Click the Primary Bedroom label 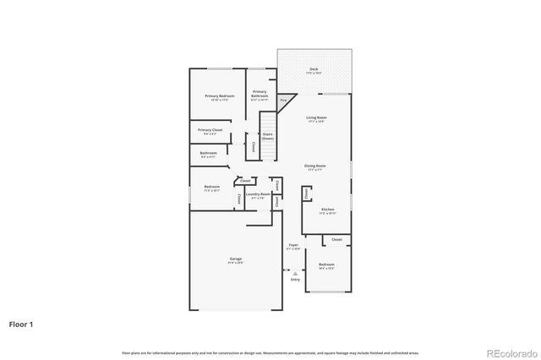(x=219, y=97)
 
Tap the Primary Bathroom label (x=260, y=94)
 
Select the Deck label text (x=314, y=71)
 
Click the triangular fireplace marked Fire (x=285, y=100)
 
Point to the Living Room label (x=316, y=118)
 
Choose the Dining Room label (x=315, y=166)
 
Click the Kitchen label (x=327, y=210)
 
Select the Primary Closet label (x=210, y=131)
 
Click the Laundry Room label (x=258, y=195)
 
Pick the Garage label (x=235, y=260)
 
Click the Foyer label (x=292, y=246)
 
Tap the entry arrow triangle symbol (x=294, y=273)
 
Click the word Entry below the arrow (x=294, y=279)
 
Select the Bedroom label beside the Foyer (x=326, y=265)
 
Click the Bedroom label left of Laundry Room (x=211, y=188)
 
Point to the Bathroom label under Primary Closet (x=208, y=154)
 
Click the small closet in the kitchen (x=305, y=194)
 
